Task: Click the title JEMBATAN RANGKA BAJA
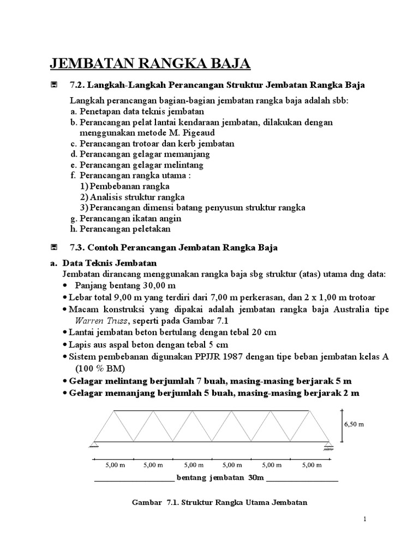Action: pos(151,64)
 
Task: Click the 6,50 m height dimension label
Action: pos(354,424)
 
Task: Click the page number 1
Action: pos(364,519)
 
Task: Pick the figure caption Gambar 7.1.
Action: pos(220,502)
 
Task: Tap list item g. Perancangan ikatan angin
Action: pos(125,218)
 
